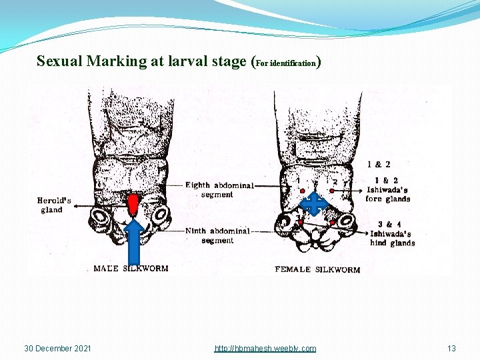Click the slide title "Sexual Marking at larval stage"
tap(143, 61)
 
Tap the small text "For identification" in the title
tap(286, 63)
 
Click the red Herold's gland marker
tap(133, 205)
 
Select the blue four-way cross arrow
tap(313, 204)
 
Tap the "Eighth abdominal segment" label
tap(219, 189)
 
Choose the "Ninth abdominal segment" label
tap(218, 235)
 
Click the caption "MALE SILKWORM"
tap(131, 269)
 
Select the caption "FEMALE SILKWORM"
tap(317, 269)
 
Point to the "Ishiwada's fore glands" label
tap(388, 189)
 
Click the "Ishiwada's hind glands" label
tap(392, 234)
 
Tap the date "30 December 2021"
tap(58, 349)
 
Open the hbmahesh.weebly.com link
tap(265, 349)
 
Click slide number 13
tap(451, 349)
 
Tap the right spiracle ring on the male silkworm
tap(161, 217)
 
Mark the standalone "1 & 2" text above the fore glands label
tap(379, 164)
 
